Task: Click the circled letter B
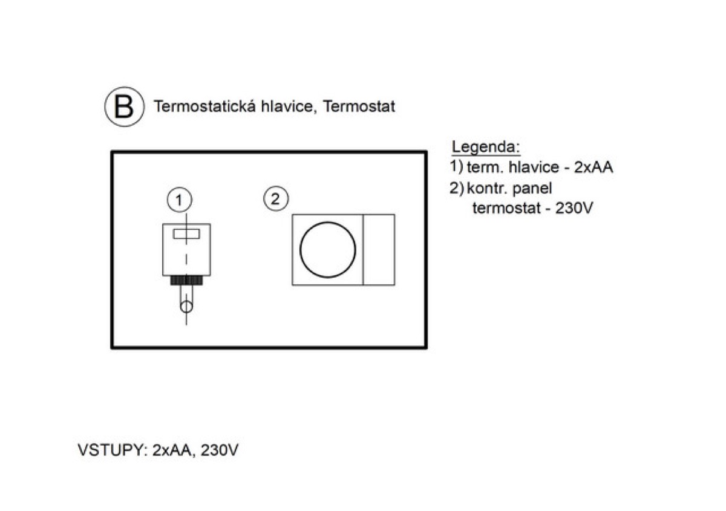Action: click(x=124, y=106)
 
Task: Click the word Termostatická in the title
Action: click(x=204, y=106)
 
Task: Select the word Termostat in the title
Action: click(x=359, y=106)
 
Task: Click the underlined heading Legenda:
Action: click(x=486, y=147)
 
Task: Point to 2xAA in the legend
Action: click(x=594, y=167)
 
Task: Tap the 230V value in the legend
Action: click(x=574, y=208)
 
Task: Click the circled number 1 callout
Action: click(x=179, y=200)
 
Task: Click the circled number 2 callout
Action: click(x=275, y=198)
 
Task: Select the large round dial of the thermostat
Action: click(x=328, y=250)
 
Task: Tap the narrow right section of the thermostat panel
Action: click(x=379, y=250)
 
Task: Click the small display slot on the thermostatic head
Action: click(x=186, y=234)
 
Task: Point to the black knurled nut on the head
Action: click(x=186, y=280)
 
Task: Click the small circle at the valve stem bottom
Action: click(x=186, y=307)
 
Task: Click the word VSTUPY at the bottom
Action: click(x=113, y=450)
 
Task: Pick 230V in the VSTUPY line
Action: click(x=220, y=450)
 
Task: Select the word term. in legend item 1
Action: click(x=485, y=168)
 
